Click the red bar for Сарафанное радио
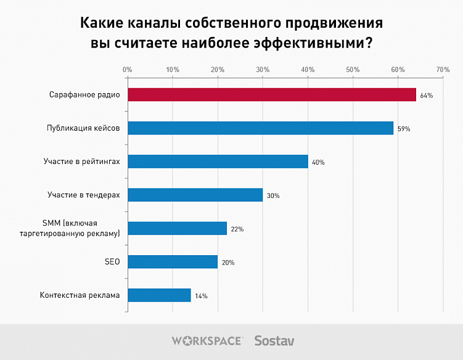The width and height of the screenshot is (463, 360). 271,95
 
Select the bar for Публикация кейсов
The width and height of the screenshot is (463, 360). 260,128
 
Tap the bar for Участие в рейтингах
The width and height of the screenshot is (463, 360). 218,162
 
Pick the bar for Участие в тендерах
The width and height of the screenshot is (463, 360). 195,195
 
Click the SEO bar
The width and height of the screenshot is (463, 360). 172,262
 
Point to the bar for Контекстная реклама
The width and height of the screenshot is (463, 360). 159,295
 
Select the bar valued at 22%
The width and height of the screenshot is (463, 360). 177,229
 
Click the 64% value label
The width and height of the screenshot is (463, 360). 427,96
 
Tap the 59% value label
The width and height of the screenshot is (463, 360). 404,129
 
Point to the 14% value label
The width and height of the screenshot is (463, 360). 201,296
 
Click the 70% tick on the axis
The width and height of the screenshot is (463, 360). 443,70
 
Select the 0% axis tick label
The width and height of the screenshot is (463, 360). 128,70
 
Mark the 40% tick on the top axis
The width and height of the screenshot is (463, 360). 308,70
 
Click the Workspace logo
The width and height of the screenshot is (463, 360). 207,340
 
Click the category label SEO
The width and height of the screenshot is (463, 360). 112,262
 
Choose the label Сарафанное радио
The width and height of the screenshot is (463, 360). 84,95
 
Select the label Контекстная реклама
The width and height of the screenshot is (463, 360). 80,295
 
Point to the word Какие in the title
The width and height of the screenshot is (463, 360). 102,24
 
